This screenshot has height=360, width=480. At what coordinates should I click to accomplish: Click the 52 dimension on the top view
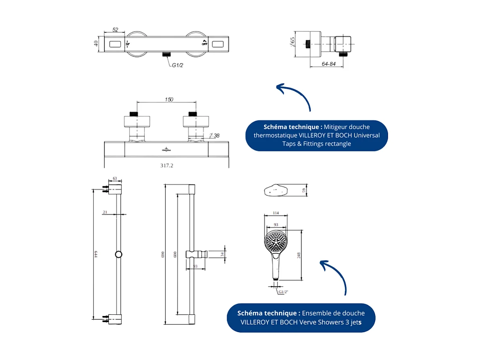click(115, 29)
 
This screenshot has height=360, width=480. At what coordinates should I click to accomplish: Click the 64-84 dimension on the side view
click(329, 64)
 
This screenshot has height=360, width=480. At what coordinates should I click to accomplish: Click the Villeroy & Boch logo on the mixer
click(166, 149)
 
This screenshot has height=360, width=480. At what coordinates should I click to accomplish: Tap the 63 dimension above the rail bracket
click(115, 178)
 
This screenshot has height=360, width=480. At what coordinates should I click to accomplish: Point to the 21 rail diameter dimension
click(105, 212)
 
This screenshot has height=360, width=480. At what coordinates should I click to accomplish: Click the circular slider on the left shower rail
click(119, 254)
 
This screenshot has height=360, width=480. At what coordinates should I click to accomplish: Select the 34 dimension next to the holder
click(222, 254)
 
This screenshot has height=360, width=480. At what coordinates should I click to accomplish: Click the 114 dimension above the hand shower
click(276, 213)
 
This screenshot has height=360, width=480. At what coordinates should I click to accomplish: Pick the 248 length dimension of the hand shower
click(299, 255)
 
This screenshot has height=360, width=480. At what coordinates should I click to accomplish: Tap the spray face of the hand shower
click(276, 243)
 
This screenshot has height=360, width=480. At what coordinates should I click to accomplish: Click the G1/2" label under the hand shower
click(284, 291)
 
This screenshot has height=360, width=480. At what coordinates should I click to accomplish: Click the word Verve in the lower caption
click(308, 322)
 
